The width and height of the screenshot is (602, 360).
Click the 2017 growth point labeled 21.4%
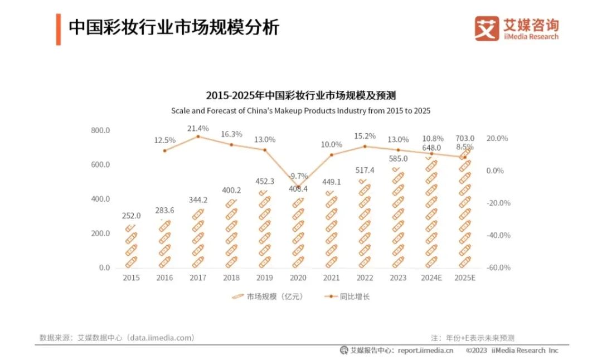pos(198,137)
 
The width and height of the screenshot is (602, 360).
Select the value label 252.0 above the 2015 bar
pos(132,216)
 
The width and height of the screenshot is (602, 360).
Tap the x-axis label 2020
pos(298,278)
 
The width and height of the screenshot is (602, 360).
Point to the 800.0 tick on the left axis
pos(100,130)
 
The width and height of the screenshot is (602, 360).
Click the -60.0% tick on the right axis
pos(498,267)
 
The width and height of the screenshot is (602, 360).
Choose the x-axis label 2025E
pos(464,278)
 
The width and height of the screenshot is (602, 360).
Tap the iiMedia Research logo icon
pos(487,28)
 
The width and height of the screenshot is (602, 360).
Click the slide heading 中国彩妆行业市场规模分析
pos(173,27)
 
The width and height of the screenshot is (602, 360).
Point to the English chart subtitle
pos(301,110)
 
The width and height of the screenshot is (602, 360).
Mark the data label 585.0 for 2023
pos(398,158)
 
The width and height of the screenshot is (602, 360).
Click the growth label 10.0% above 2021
pos(332,144)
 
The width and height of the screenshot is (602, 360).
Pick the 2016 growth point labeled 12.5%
pos(164,150)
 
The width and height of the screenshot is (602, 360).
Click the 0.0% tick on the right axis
pos(495,171)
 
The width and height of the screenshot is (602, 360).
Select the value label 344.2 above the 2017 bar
pos(198,200)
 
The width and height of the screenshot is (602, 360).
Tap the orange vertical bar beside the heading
pos(58,30)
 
